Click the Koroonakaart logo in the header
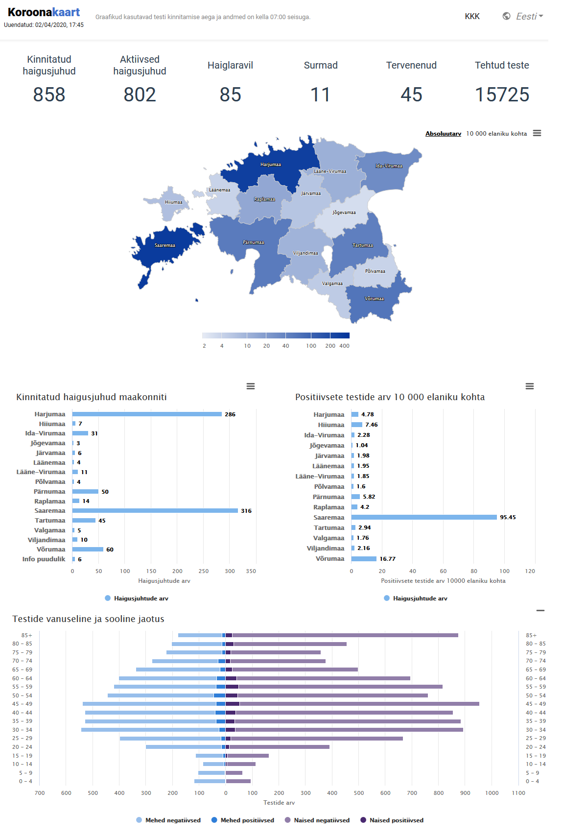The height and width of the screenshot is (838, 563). click(44, 13)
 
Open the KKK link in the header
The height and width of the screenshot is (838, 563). click(472, 17)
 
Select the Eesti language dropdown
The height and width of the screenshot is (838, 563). click(523, 17)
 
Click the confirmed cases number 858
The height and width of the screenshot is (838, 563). click(49, 95)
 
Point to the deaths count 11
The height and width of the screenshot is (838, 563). click(320, 95)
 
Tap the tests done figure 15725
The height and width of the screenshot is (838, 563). click(502, 95)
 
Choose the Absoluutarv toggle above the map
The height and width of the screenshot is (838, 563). click(443, 134)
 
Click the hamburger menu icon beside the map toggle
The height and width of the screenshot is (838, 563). click(537, 133)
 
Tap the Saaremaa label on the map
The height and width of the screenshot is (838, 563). click(164, 245)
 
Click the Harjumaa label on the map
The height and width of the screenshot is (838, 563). click(271, 165)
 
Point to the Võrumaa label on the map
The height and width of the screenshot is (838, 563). click(374, 299)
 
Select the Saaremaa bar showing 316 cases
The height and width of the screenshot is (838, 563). click(155, 511)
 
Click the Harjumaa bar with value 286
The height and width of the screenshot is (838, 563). click(147, 414)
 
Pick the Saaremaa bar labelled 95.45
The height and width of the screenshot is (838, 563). click(423, 517)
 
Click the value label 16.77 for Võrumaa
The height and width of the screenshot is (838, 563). click(387, 559)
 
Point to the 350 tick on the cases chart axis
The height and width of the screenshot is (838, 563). click(251, 571)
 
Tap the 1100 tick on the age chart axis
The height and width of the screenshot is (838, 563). click(518, 793)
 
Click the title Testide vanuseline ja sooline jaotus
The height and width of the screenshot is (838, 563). click(88, 619)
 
